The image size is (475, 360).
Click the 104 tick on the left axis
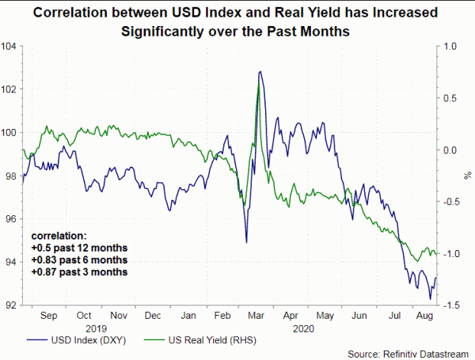10,46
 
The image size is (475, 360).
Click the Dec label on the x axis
152,316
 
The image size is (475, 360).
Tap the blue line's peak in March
260,71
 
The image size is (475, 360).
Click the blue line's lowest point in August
431,299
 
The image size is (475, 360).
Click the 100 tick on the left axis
10,132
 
